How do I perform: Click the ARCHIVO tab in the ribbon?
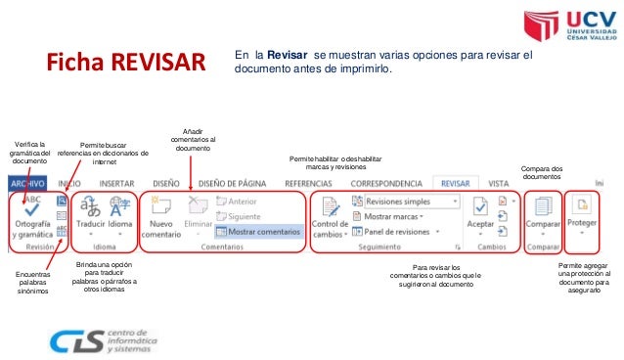point(28,183)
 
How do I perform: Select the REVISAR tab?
point(456,183)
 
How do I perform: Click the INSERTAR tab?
point(116,183)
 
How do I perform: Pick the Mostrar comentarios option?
point(257,232)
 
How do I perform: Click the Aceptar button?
point(480,216)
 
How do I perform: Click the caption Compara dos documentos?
point(542,172)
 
